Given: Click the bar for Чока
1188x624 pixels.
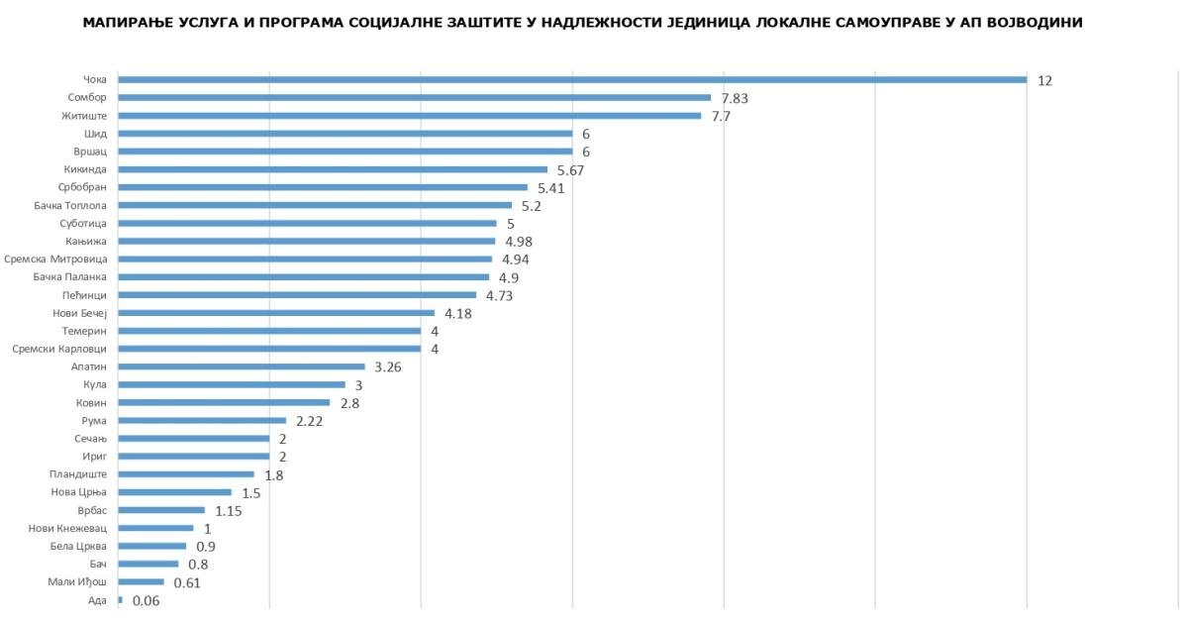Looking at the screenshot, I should [572, 79].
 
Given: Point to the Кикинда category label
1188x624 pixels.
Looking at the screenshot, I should [85, 169].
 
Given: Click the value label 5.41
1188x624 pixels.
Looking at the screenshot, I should [552, 187].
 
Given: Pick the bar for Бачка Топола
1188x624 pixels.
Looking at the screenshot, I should [315, 205].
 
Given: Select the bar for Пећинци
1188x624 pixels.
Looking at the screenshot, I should [297, 295].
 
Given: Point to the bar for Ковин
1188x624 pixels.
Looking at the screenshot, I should [224, 402].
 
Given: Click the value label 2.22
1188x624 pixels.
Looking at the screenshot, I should [310, 421].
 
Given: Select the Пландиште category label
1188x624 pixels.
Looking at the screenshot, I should [78, 474].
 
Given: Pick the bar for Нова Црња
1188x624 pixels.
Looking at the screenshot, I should [174, 492].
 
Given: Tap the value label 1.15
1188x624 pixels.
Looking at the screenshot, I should [229, 511].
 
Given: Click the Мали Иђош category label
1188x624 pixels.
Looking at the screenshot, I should [78, 582].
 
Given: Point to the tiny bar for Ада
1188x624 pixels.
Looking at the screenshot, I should [120, 600].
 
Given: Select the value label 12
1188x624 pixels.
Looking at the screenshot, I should [1044, 80].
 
